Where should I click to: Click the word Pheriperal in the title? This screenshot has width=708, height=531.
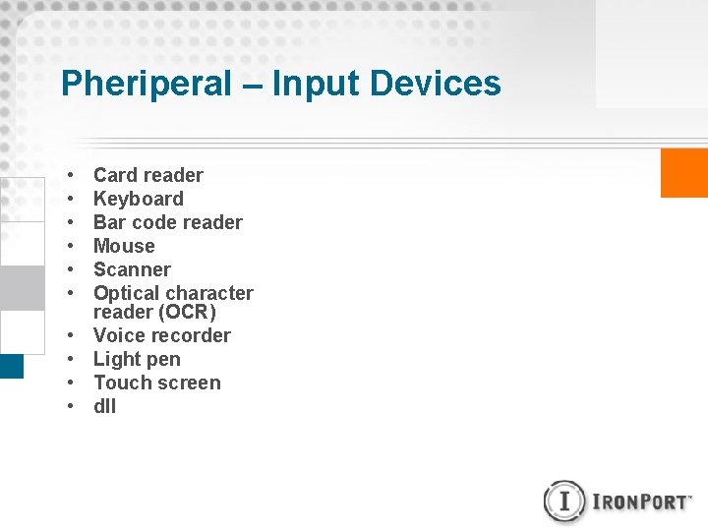(x=146, y=84)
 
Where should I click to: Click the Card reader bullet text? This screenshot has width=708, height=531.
(x=148, y=175)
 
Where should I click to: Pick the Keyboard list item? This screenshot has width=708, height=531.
(x=139, y=199)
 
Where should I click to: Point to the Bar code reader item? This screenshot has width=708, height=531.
(x=168, y=222)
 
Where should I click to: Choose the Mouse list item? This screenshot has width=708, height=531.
(x=124, y=246)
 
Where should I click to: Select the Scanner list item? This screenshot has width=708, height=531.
(x=132, y=269)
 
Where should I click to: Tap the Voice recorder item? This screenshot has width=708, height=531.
(x=162, y=335)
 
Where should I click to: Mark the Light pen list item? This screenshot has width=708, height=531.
(x=137, y=359)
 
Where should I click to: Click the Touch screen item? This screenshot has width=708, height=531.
(x=157, y=383)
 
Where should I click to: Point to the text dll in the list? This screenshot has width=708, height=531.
(x=104, y=406)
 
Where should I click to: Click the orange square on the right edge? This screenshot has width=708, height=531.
(x=684, y=172)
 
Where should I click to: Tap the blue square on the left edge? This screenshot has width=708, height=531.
(x=11, y=366)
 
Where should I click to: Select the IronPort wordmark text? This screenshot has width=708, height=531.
(x=642, y=501)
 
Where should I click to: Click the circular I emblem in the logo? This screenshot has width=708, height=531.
(x=564, y=501)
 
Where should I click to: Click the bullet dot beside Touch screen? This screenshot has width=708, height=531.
(x=72, y=383)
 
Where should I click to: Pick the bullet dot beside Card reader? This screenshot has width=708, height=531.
(x=72, y=176)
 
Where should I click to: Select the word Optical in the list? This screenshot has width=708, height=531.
(x=128, y=293)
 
